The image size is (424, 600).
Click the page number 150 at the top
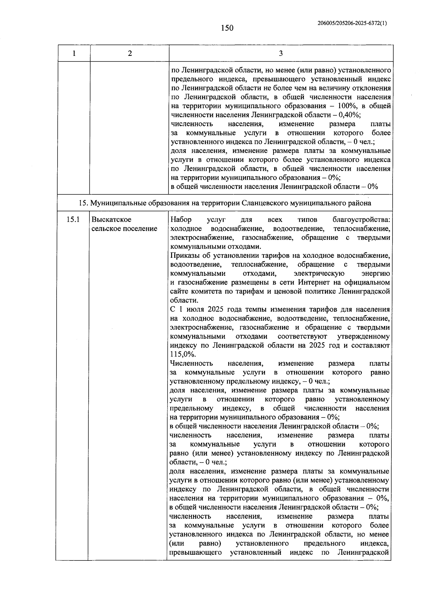click(x=227, y=28)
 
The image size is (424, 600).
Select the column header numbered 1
click(x=74, y=53)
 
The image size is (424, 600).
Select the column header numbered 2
click(x=130, y=53)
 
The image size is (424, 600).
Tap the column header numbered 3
click(x=281, y=53)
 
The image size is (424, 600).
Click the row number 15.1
click(x=73, y=220)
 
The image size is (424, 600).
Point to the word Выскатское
click(x=112, y=220)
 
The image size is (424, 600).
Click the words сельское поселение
click(x=124, y=229)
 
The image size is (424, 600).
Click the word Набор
click(x=181, y=220)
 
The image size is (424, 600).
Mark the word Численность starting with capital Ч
click(x=191, y=363)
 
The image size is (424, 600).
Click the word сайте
click(x=180, y=292)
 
